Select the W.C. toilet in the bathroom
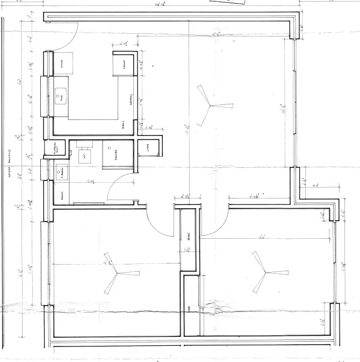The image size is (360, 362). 84,155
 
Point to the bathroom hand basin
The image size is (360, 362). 61,173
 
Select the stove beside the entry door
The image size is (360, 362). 62,64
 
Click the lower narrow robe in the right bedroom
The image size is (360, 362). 190,307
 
